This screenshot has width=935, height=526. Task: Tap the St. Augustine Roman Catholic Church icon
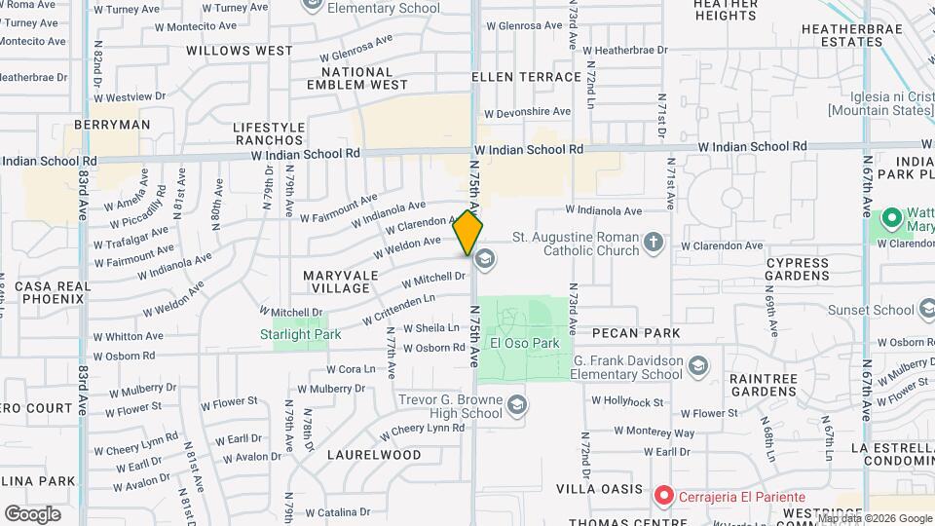tap(654, 241)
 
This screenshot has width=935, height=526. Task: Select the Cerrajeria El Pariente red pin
tap(664, 496)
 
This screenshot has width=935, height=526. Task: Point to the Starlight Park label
tap(300, 334)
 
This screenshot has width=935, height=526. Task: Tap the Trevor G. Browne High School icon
tap(516, 403)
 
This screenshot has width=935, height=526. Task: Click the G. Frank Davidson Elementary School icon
tap(697, 366)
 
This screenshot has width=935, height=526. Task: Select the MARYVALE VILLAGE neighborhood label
tap(340, 282)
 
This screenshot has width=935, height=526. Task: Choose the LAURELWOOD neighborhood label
tap(374, 455)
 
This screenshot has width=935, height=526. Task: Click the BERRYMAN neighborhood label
tap(113, 125)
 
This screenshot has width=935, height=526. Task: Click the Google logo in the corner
tap(32, 513)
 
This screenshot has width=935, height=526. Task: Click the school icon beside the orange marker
tap(484, 259)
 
